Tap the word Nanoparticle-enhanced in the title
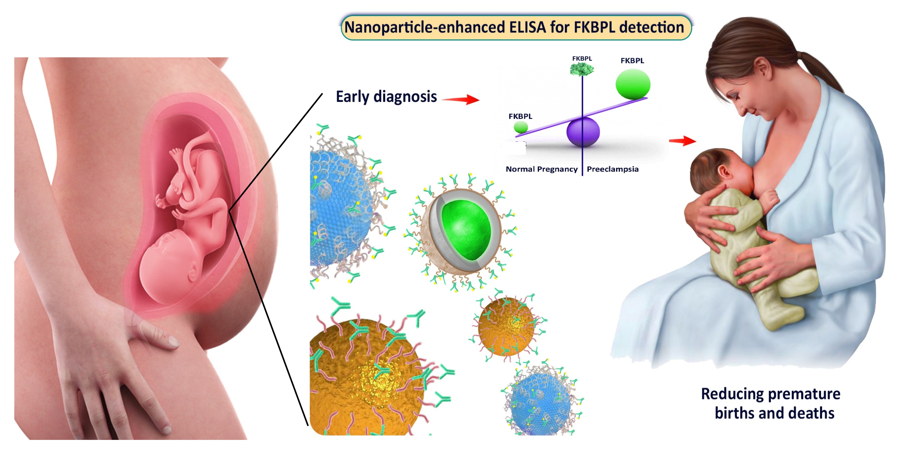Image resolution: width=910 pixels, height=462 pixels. [424, 28]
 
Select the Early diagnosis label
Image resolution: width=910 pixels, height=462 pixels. [386, 97]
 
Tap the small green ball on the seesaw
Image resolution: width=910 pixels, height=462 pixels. [521, 127]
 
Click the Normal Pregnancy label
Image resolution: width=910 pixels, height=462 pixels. [541, 169]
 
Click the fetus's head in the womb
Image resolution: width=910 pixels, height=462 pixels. [166, 265]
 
